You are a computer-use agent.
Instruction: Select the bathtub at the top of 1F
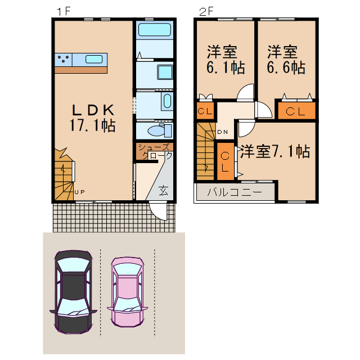[154, 30]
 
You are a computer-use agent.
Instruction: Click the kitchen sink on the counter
[94, 58]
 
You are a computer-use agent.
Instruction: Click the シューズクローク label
[153, 151]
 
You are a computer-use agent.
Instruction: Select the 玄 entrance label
[163, 190]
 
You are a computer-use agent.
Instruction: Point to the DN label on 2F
[222, 132]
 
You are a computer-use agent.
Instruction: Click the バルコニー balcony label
[234, 192]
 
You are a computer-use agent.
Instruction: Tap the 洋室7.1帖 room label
[274, 151]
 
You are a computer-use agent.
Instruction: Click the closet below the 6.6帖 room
[295, 110]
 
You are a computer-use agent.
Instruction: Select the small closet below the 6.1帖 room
[205, 111]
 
